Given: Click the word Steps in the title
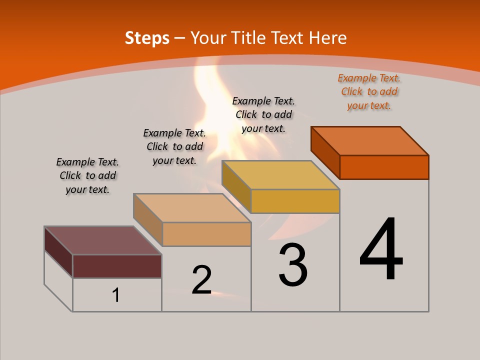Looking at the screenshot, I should (147, 38).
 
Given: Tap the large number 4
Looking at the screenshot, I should (381, 249).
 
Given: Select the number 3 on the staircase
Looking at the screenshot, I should (293, 265).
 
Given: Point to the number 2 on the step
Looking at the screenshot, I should (201, 280).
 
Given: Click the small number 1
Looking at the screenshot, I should (116, 295).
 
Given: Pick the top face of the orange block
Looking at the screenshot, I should (370, 140).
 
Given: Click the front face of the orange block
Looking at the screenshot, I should (384, 167).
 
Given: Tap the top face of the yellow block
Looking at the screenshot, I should (281, 174).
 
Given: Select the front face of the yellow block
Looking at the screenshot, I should (295, 201).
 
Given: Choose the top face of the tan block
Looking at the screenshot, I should (192, 207).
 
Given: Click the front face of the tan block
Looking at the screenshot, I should (206, 234).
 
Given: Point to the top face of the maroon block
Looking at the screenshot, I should (103, 240).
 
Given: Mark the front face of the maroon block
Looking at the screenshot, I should (117, 266).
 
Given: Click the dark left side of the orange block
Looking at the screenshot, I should (325, 153).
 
